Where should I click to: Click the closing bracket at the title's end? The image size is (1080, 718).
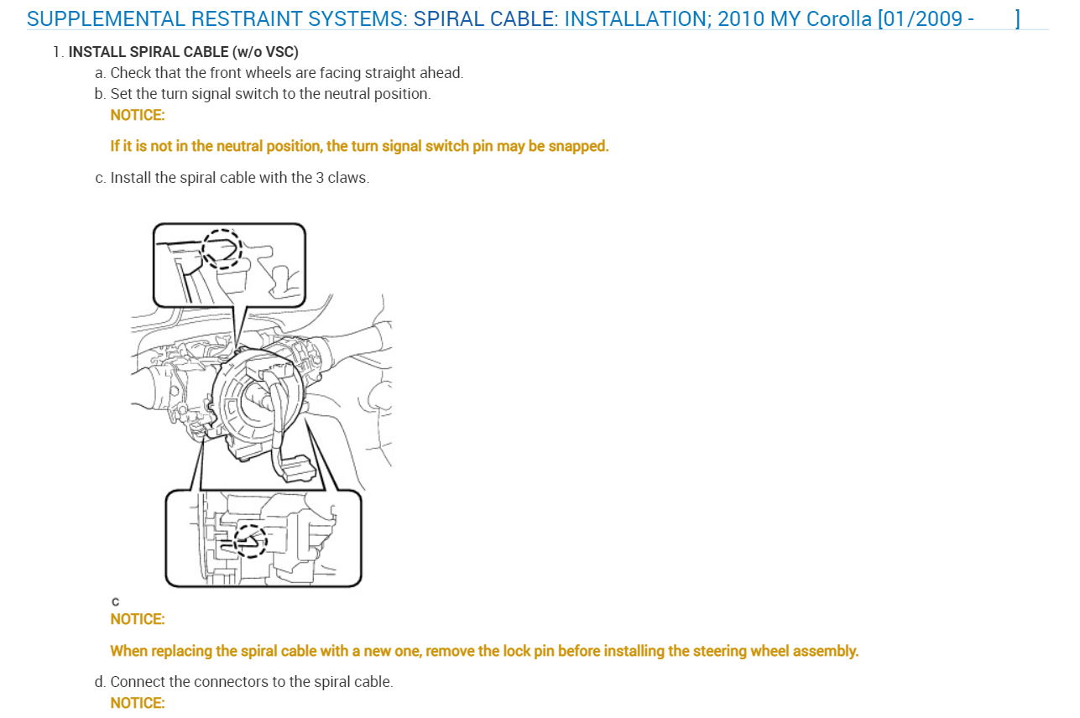pyautogui.click(x=1017, y=18)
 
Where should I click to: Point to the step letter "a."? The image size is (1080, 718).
pyautogui.click(x=101, y=73)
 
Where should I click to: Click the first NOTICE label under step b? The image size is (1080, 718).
pyautogui.click(x=138, y=115)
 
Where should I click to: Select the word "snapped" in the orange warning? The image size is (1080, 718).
pyautogui.click(x=579, y=146)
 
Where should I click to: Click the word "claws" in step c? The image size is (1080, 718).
pyautogui.click(x=347, y=178)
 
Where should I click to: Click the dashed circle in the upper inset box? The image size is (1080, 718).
pyautogui.click(x=222, y=249)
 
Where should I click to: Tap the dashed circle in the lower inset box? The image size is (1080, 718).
pyautogui.click(x=250, y=540)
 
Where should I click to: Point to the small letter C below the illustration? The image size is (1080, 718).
pyautogui.click(x=115, y=601)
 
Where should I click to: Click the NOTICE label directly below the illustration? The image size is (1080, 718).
pyautogui.click(x=138, y=619)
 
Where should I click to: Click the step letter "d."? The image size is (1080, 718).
pyautogui.click(x=101, y=682)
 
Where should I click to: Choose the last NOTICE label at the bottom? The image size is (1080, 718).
pyautogui.click(x=138, y=703)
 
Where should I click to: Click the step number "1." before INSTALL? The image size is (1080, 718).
pyautogui.click(x=58, y=52)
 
